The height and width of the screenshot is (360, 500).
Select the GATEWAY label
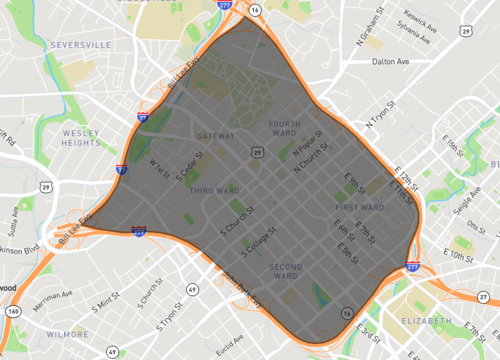pos(216,136)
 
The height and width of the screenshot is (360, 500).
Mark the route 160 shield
pos(12,311)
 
